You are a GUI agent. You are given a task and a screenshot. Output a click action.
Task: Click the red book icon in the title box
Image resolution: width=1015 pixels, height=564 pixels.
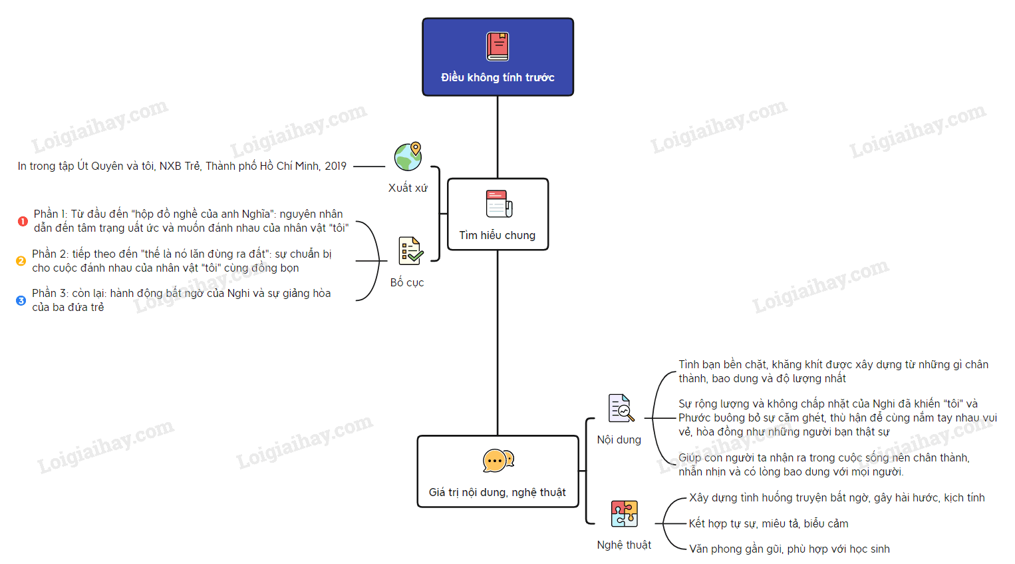[x=498, y=47]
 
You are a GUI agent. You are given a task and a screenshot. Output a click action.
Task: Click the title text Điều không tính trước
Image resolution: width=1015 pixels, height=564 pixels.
[x=498, y=77]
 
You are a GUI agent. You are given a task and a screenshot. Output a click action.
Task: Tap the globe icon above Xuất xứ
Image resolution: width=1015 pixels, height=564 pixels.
[x=408, y=157]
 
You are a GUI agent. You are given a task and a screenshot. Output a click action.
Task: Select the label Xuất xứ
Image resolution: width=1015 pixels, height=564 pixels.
[x=408, y=188]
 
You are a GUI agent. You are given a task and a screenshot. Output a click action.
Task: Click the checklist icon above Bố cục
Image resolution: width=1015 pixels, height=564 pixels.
[x=410, y=251]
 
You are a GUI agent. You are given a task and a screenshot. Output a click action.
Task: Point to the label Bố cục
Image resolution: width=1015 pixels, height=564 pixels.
[x=407, y=282]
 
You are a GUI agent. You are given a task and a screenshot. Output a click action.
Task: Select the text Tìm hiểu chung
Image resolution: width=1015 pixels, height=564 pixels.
[x=498, y=235]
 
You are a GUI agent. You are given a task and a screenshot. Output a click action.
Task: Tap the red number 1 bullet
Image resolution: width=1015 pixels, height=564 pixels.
[x=23, y=221]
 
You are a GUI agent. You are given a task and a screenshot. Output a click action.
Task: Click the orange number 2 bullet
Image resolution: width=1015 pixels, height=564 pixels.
[x=21, y=261]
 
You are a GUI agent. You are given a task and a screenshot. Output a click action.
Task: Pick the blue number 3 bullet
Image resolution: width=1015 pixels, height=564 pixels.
[x=21, y=300]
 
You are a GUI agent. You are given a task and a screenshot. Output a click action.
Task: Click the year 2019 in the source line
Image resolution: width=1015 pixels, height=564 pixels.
[x=335, y=166]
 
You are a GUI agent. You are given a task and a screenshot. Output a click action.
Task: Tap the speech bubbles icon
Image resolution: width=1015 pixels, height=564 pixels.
[x=498, y=461]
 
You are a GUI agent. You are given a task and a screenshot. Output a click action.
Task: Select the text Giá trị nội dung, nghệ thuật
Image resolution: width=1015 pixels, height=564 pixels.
[x=498, y=492]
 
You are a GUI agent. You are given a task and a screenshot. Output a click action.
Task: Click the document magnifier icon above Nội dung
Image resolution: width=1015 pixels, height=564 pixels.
[x=621, y=408]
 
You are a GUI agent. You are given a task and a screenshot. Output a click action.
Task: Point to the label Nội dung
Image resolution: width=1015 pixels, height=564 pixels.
[x=619, y=439]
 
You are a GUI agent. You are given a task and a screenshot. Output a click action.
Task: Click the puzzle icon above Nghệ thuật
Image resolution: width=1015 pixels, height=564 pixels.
[x=624, y=514]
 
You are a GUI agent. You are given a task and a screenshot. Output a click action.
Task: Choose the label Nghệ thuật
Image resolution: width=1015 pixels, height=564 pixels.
[x=624, y=545]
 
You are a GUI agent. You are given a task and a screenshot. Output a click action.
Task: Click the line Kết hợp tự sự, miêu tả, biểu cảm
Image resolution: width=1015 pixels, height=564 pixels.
[x=768, y=523]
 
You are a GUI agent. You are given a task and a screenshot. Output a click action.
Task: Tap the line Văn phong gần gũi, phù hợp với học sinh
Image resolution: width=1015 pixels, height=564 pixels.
[x=789, y=549]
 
